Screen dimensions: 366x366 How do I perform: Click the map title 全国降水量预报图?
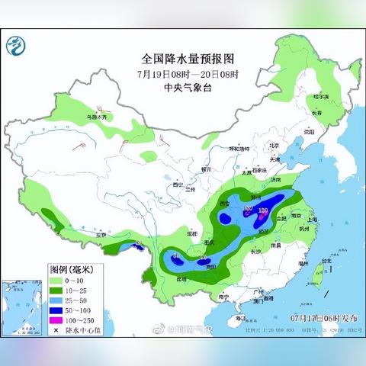tap(183, 59)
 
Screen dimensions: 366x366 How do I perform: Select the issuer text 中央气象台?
tap(183, 88)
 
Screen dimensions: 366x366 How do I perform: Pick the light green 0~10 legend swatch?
tap(57, 280)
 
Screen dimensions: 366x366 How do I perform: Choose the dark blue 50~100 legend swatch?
tap(57, 311)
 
